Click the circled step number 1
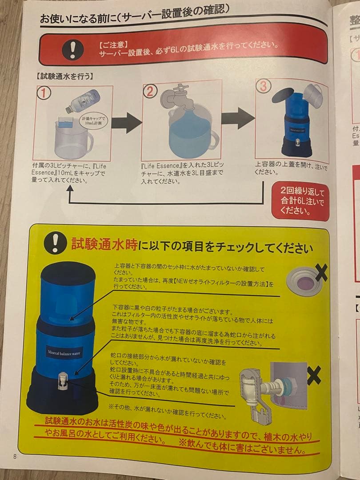[44, 93]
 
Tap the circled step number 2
[150, 91]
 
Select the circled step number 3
[263, 86]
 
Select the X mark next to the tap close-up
[314, 376]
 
